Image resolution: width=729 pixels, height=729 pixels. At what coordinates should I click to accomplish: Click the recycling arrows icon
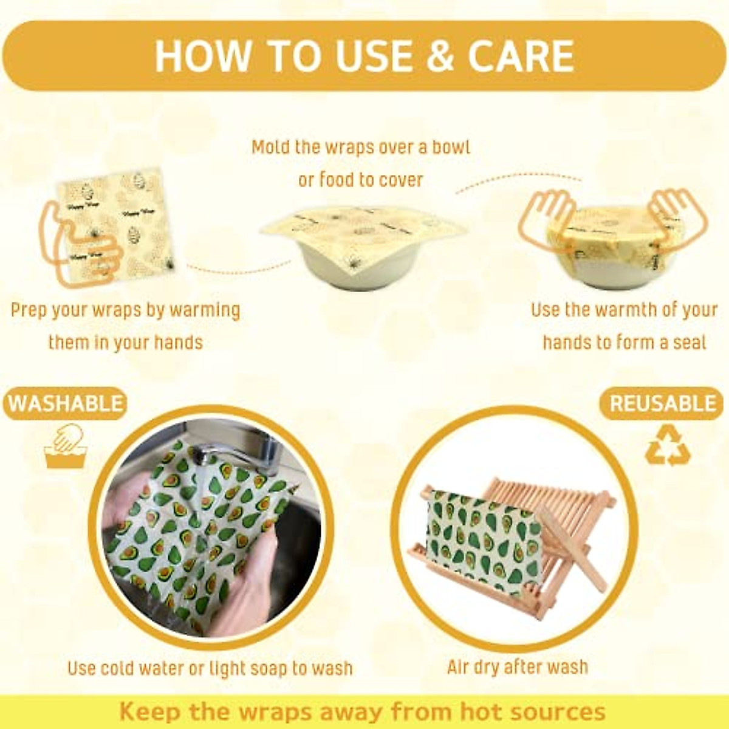point(668,445)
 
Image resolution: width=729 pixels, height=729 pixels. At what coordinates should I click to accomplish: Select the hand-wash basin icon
point(66,447)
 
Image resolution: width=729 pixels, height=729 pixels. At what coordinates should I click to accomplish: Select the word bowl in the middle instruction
point(451,148)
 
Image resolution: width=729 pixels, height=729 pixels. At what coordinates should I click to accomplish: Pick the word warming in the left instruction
point(205,310)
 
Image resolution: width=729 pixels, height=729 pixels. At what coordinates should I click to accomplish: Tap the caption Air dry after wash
point(518,667)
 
